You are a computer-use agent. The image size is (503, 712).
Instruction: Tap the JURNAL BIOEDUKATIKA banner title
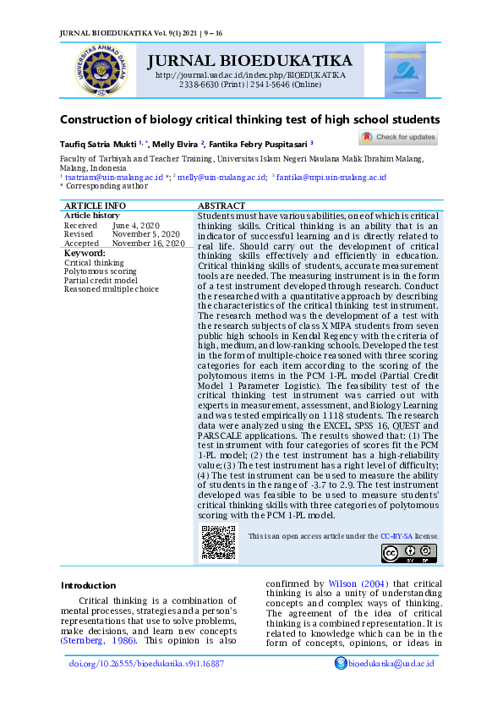coord(249,61)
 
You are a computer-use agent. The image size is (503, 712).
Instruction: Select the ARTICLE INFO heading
coord(96,205)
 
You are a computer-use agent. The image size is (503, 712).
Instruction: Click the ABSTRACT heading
coord(221,205)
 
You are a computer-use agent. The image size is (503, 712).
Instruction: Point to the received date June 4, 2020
coord(135,225)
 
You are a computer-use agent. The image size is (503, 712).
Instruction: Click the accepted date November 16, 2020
coord(149,243)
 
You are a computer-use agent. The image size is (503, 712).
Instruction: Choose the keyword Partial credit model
coord(101,280)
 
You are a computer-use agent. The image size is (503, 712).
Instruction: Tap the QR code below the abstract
coord(217,543)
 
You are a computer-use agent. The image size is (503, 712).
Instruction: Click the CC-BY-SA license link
coord(396,536)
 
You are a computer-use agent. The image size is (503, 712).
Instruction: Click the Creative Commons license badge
coord(407,554)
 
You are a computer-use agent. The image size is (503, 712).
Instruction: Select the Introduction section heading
coord(88,585)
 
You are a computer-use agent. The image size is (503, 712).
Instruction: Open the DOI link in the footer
coord(146,664)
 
